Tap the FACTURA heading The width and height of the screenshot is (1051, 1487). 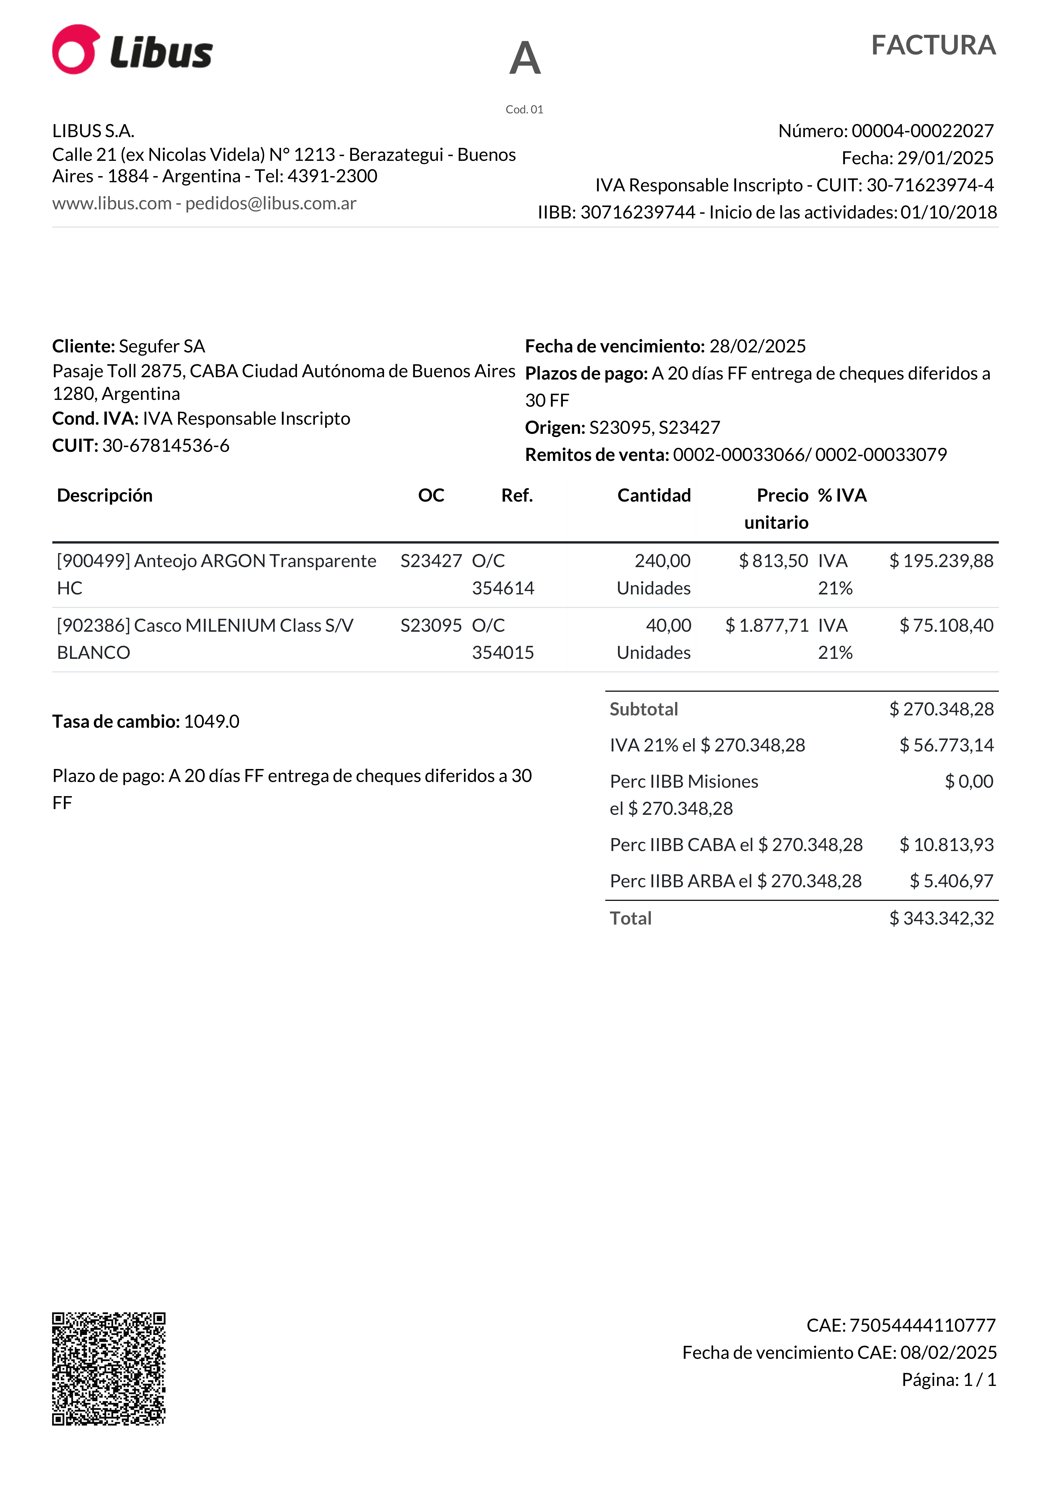933,45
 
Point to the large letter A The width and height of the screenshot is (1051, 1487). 525,58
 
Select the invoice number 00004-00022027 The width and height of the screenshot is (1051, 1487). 922,131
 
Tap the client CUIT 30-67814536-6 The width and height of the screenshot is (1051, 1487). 166,446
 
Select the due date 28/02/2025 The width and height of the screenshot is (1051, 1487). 758,346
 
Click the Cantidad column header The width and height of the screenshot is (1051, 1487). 654,495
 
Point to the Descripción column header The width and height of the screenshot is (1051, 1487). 105,495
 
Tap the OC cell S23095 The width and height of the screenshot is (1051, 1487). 431,626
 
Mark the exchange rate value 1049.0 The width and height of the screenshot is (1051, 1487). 211,722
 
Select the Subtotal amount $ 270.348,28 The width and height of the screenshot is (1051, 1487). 941,709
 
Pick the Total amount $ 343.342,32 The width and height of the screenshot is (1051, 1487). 941,918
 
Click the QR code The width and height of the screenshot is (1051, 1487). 109,1369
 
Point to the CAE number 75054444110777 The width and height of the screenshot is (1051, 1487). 922,1326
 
